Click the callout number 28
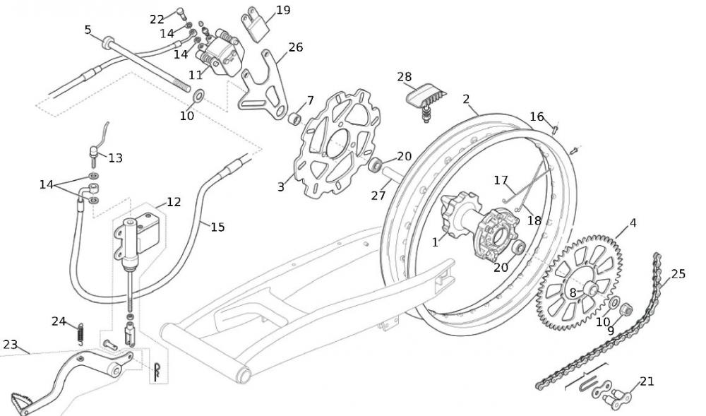[404, 76]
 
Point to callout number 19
[283, 10]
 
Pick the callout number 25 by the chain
[678, 273]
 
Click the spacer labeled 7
[295, 117]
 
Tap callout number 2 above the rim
[466, 99]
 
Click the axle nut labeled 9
[626, 309]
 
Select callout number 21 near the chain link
[647, 381]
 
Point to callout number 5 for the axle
[88, 30]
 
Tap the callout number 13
[115, 158]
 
